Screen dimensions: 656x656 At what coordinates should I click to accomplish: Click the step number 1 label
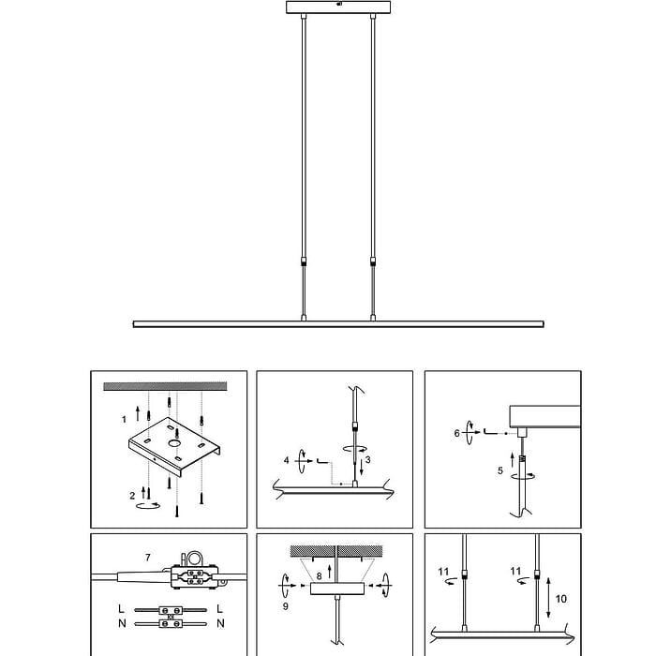click(x=124, y=420)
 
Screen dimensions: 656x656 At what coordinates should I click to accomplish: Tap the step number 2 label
click(x=132, y=496)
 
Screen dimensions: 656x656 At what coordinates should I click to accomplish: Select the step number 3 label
click(x=367, y=460)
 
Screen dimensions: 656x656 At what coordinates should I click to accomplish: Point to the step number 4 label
click(x=286, y=460)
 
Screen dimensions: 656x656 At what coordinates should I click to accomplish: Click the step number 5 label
click(x=499, y=470)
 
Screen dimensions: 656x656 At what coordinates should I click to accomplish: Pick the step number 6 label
click(x=457, y=433)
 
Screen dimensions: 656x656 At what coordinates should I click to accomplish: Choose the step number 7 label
click(x=148, y=558)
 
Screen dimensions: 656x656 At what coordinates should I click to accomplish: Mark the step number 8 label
click(x=320, y=576)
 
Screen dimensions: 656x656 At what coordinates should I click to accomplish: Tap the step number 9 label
click(x=285, y=606)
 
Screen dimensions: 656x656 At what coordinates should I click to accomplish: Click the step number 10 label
click(x=560, y=599)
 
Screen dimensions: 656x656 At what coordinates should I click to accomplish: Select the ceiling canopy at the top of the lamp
click(x=338, y=7)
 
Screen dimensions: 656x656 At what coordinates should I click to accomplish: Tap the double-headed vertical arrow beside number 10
click(x=548, y=598)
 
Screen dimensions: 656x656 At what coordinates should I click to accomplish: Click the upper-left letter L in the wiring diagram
click(x=121, y=609)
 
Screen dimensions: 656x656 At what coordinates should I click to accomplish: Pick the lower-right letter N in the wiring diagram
click(x=220, y=623)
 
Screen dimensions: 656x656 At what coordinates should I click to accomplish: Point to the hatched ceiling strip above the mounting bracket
click(x=165, y=386)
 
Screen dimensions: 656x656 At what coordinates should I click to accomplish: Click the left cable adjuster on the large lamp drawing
click(x=304, y=261)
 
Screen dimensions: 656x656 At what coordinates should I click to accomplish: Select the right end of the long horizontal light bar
click(x=543, y=324)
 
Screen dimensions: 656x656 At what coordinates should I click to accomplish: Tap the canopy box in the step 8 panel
click(x=337, y=589)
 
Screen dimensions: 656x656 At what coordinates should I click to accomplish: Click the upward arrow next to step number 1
click(x=138, y=413)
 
